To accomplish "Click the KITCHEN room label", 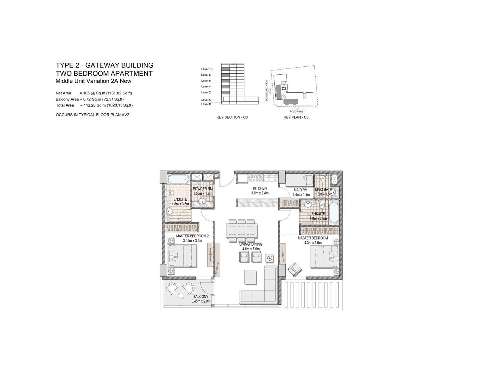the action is coord(260,188).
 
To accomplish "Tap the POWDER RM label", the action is coord(203,189).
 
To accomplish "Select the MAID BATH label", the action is coord(323,190).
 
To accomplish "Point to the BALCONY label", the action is coord(201,296).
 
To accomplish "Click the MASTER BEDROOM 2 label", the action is coord(192,236).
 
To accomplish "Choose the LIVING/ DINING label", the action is coord(251,244).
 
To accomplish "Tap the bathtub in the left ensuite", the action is coord(178,179).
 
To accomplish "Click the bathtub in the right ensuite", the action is coord(334,212).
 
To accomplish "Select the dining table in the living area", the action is coord(241,231).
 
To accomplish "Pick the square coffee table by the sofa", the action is coord(250,277).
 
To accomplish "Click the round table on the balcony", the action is coord(181,296).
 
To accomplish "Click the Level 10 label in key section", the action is coord(207,69).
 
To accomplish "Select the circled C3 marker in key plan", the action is coord(284,89).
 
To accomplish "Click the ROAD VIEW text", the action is coord(296,111).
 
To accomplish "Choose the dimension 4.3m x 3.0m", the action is coord(313,243).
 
